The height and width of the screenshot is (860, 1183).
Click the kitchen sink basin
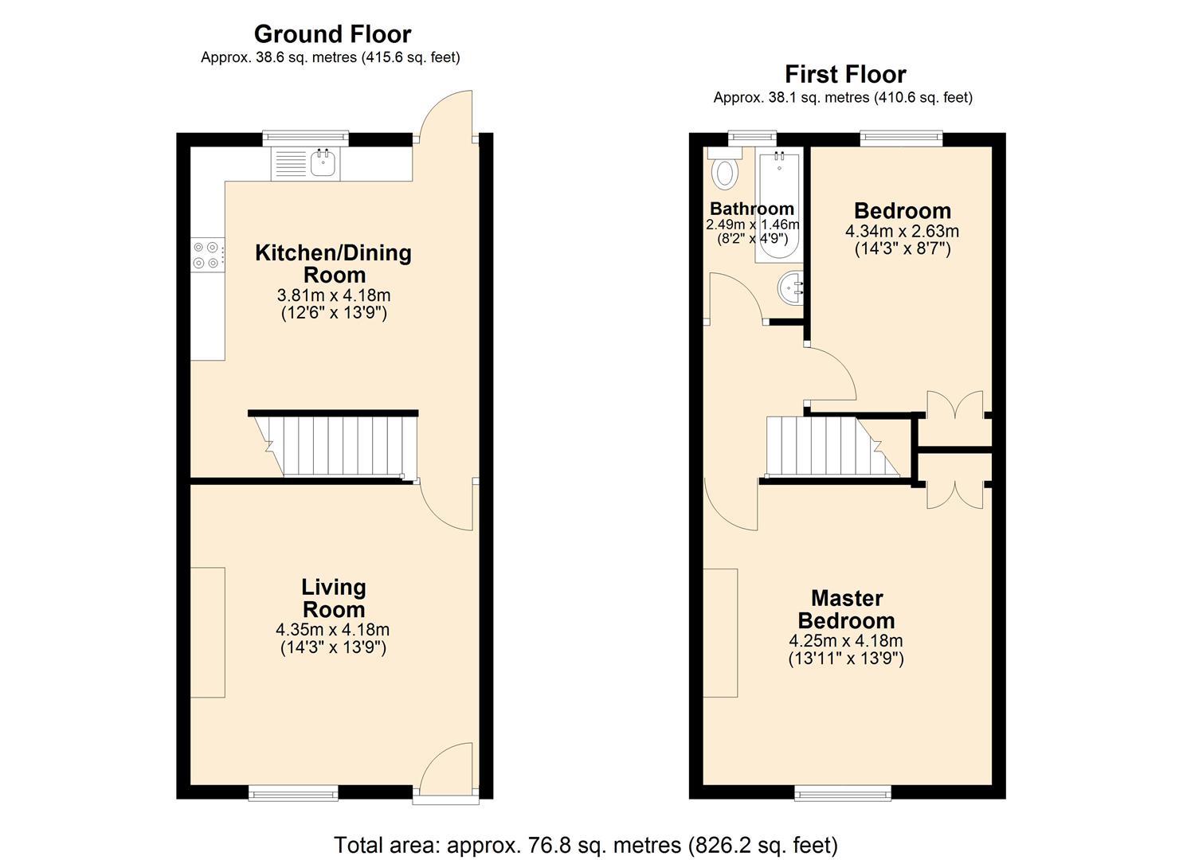pyautogui.click(x=323, y=164)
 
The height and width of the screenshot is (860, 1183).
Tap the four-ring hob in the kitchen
pyautogui.click(x=206, y=255)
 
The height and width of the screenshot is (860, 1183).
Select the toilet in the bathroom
pyautogui.click(x=724, y=170)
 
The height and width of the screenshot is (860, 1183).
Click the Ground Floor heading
pyautogui.click(x=332, y=34)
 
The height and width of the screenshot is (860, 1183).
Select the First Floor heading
pyautogui.click(x=845, y=74)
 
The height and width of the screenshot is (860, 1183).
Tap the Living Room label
pyautogui.click(x=333, y=598)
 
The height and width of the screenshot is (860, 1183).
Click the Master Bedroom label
pyautogui.click(x=846, y=609)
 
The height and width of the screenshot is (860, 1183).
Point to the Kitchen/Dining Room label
pyautogui.click(x=333, y=264)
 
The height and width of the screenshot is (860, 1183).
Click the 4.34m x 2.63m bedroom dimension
pyautogui.click(x=902, y=232)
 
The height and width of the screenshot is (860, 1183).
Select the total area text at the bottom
pyautogui.click(x=586, y=844)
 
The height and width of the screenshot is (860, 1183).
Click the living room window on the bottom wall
pyautogui.click(x=293, y=792)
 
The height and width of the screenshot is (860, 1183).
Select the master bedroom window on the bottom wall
pyautogui.click(x=843, y=792)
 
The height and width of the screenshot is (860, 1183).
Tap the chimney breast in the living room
pyautogui.click(x=208, y=632)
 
